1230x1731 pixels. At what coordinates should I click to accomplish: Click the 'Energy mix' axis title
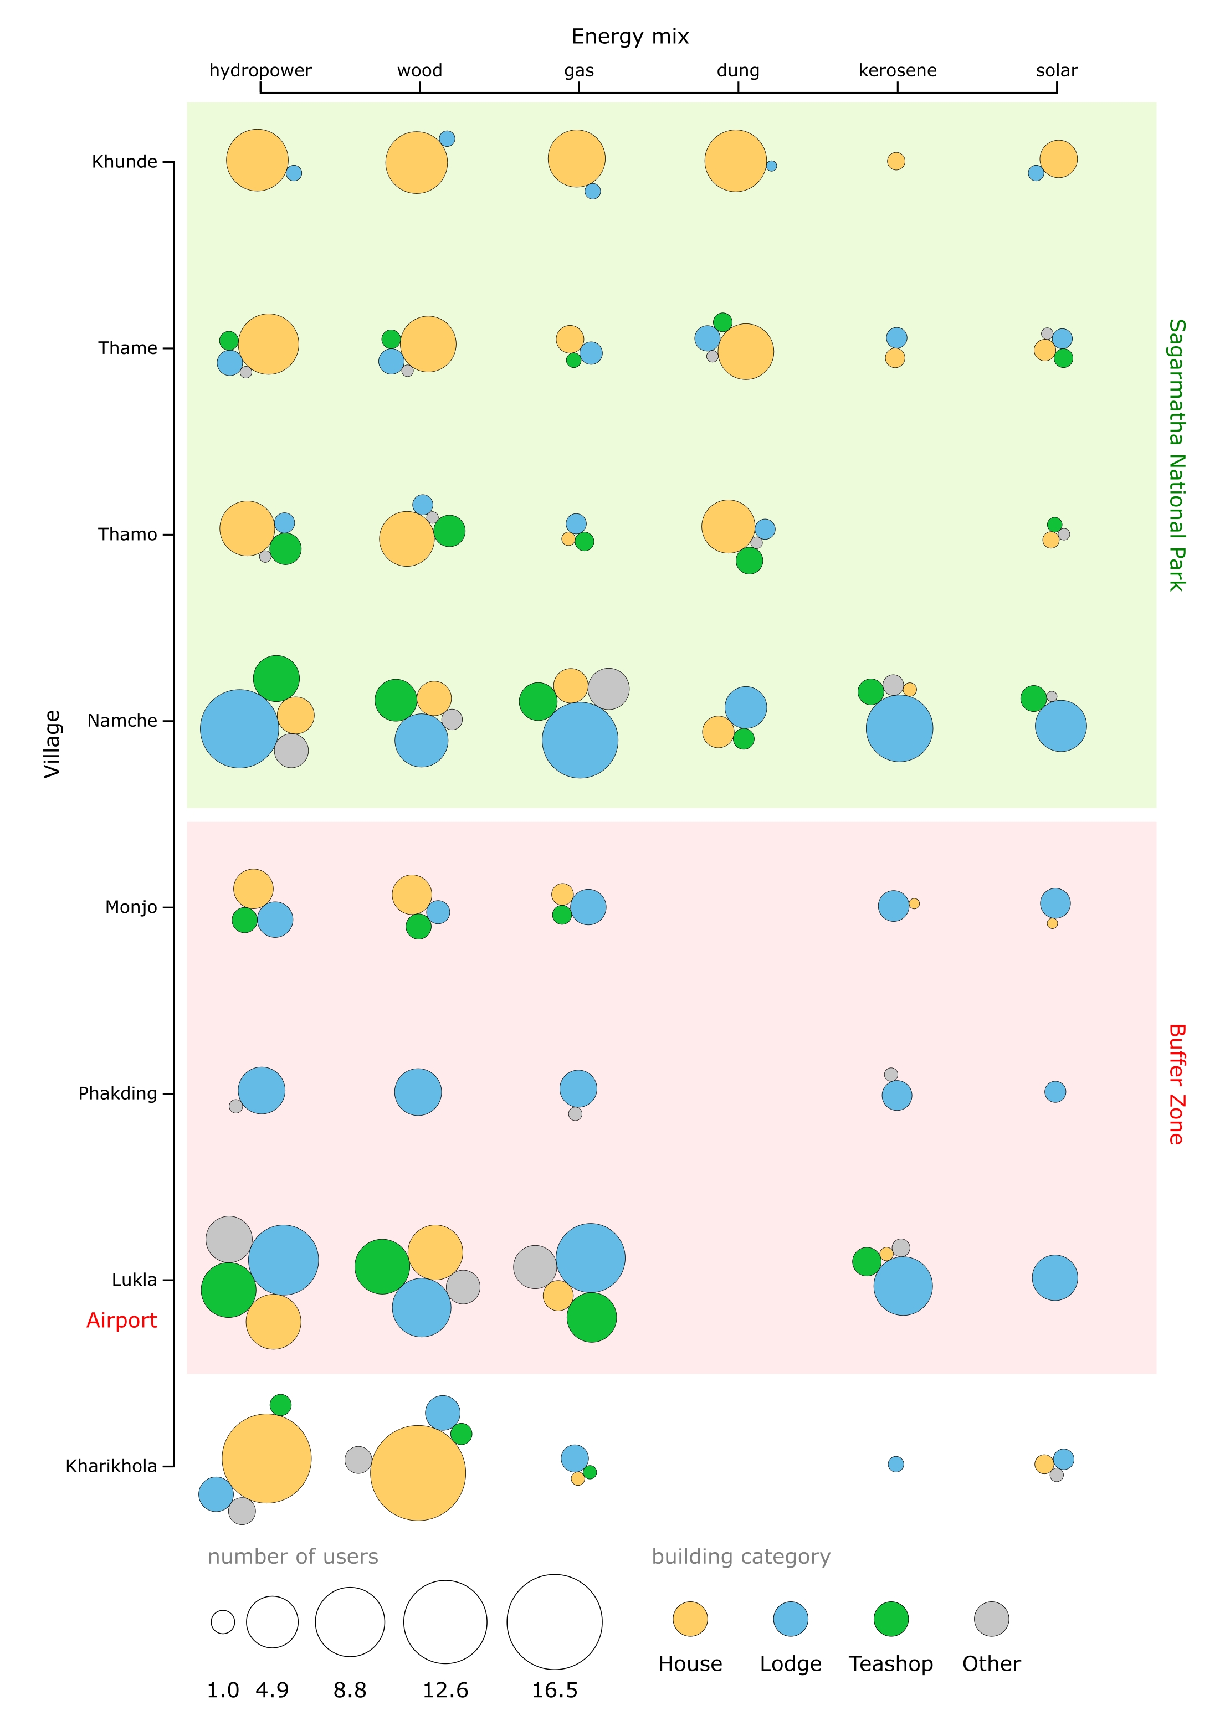coord(629,37)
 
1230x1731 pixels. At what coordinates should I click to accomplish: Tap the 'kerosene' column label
coord(897,70)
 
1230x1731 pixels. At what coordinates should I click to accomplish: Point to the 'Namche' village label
coord(122,721)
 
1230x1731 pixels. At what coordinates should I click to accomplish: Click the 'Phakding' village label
coord(117,1093)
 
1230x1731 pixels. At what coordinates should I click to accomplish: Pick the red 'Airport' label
coord(121,1321)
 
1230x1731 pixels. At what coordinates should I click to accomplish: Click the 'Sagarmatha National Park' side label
coord(1176,454)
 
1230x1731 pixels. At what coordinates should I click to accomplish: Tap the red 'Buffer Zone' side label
coord(1176,1085)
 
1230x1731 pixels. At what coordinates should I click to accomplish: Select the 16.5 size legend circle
coord(555,1622)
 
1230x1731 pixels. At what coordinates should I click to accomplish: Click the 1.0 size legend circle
coord(223,1622)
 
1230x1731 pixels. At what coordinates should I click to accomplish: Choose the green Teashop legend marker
coord(891,1619)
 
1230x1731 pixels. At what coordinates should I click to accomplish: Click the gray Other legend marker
coord(991,1619)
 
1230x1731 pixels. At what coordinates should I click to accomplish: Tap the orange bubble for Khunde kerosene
coord(896,161)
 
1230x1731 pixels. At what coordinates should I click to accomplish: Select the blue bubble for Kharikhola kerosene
coord(896,1465)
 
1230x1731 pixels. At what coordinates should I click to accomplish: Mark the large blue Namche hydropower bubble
coord(239,729)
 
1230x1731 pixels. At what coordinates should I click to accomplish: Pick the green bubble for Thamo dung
coord(749,561)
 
